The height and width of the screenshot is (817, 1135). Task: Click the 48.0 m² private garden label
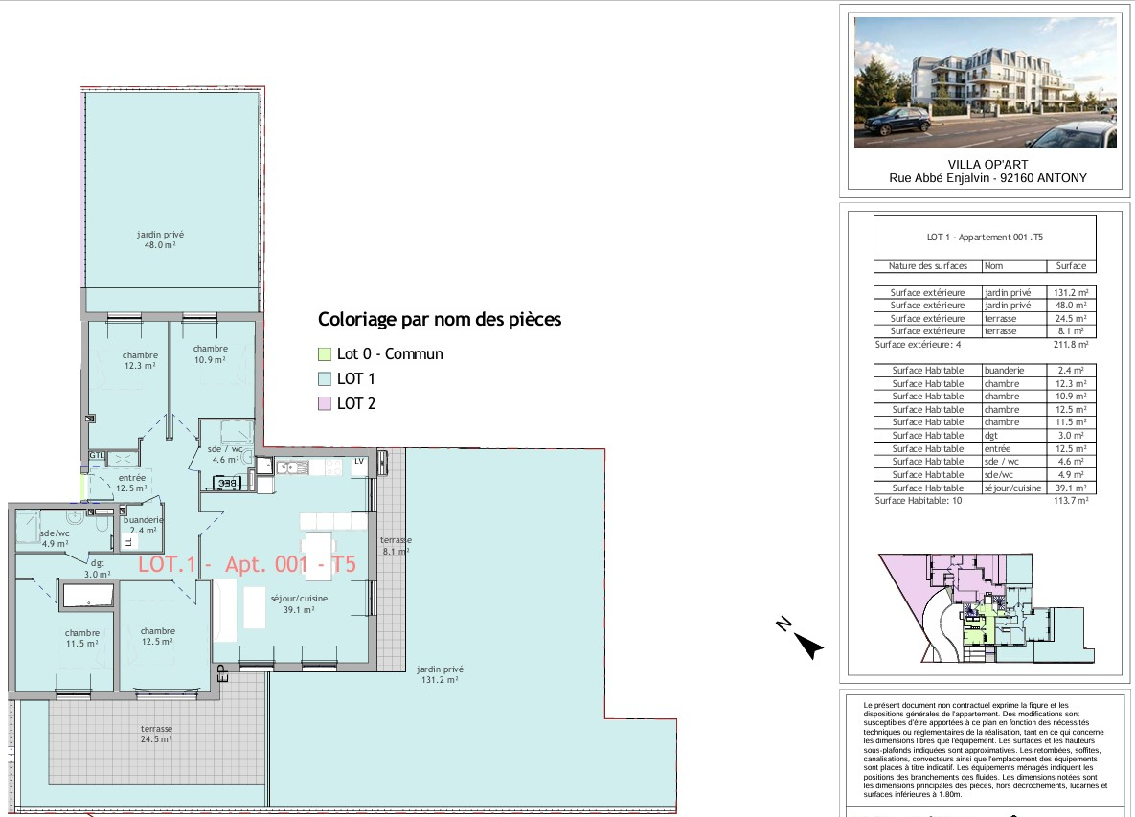[160, 239]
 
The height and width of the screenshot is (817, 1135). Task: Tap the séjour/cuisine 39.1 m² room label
[299, 604]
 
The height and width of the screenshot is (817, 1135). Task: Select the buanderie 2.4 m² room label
[144, 525]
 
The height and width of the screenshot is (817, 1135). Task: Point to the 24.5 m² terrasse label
[156, 734]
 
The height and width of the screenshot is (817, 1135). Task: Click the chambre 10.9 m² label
[210, 353]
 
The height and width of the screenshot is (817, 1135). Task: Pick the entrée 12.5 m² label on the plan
[132, 483]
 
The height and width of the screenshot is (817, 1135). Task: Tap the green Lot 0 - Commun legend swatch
[325, 353]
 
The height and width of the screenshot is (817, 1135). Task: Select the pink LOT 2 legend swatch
[325, 404]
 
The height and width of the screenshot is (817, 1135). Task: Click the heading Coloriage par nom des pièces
[440, 319]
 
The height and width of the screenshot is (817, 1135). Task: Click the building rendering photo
[986, 82]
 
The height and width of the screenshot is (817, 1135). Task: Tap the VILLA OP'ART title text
[987, 165]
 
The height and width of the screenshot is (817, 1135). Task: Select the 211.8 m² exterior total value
[1071, 345]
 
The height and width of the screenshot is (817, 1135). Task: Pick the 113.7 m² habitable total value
[1071, 500]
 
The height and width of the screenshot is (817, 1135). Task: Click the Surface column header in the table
[1071, 265]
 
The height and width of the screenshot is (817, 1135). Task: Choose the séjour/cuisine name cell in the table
[1012, 488]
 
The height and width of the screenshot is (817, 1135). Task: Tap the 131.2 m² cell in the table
[1071, 292]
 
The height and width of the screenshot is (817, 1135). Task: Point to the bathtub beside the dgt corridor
[88, 596]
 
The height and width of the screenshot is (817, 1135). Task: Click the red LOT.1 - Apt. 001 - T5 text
[247, 564]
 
